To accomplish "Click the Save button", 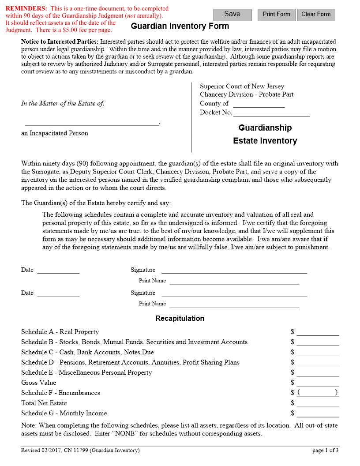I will (x=232, y=15).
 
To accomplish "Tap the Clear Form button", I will (x=316, y=15).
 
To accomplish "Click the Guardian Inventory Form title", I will (x=180, y=26).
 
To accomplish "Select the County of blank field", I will (x=259, y=104).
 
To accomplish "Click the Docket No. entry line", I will (x=271, y=113).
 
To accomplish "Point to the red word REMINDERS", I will (x=26, y=8).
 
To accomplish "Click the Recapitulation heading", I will (x=180, y=318).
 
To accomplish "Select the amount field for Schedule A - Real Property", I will (x=318, y=332).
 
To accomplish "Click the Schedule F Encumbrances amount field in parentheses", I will (x=318, y=393).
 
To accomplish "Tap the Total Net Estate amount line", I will (x=318, y=403).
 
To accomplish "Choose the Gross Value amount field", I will (x=318, y=383).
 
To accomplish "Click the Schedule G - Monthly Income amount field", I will (x=318, y=413).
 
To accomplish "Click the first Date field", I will (x=58, y=270).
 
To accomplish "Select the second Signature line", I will (x=234, y=293).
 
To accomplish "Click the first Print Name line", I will (x=234, y=281).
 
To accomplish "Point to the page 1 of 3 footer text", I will (x=325, y=451).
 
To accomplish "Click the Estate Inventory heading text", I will (x=265, y=141).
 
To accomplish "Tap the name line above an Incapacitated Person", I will (x=92, y=123).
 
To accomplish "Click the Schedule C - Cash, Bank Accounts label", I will (x=87, y=352).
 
